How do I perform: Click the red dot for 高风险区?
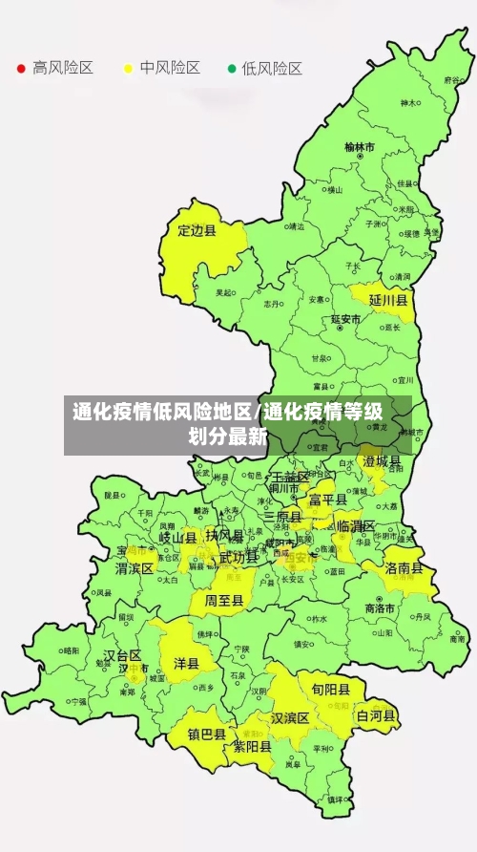[21, 68]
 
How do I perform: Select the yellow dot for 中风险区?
[128, 68]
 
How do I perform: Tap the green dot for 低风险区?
[232, 68]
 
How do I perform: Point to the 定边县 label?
[197, 230]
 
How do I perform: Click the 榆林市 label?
[360, 147]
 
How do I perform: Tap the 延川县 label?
[388, 300]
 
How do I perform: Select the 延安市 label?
[345, 319]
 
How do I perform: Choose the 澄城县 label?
[383, 461]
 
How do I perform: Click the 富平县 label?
[327, 499]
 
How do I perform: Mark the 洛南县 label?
[404, 567]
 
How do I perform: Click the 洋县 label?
[185, 662]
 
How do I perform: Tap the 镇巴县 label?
[206, 735]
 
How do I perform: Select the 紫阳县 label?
[253, 747]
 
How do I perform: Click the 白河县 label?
[376, 714]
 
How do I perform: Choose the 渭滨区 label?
[135, 568]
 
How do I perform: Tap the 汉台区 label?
[122, 655]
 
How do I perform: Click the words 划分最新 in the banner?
[227, 437]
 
